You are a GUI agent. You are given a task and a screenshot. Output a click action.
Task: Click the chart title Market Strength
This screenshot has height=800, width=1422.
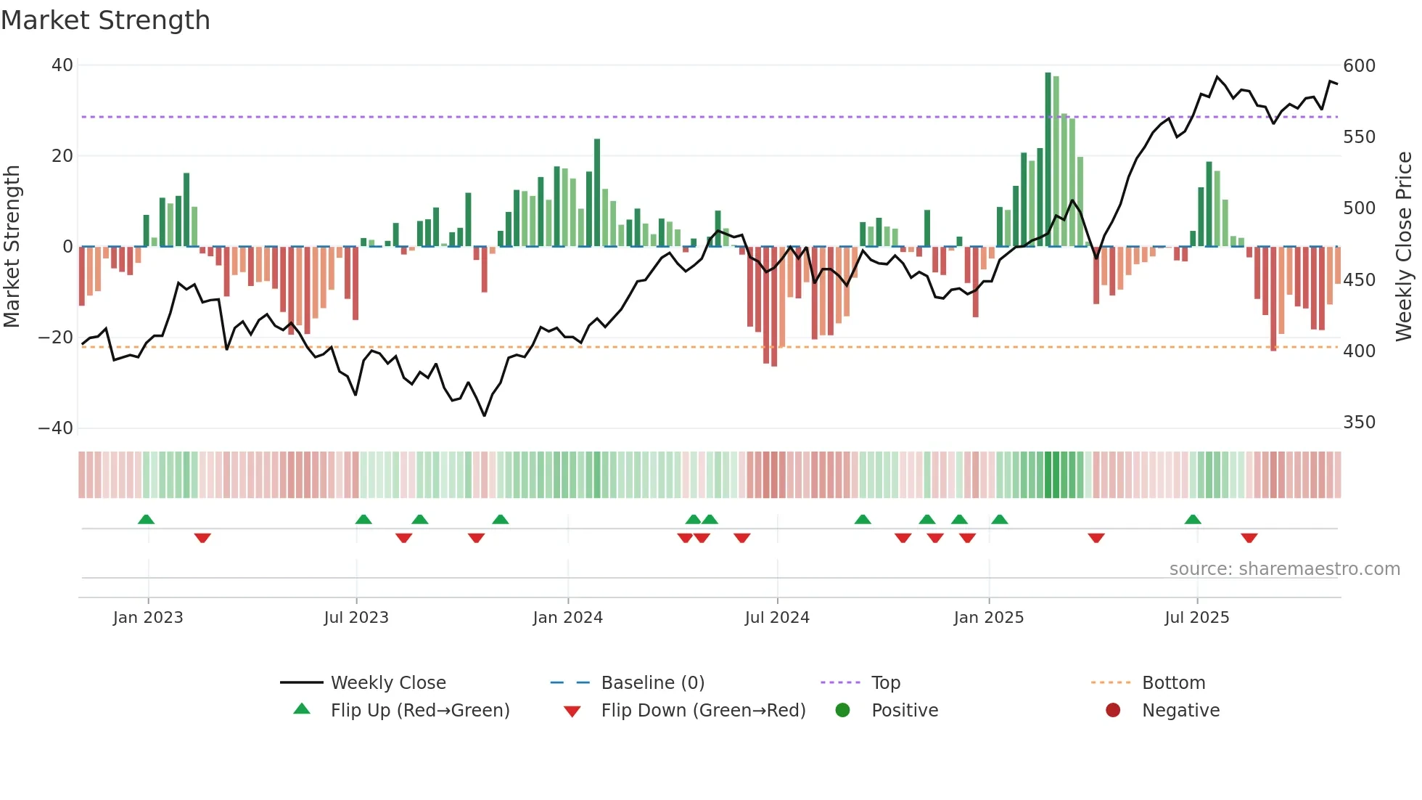(105, 20)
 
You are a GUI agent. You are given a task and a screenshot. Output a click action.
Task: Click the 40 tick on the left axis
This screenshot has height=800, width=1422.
(62, 65)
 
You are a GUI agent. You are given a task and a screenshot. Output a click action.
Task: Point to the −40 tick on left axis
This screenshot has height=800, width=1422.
(56, 428)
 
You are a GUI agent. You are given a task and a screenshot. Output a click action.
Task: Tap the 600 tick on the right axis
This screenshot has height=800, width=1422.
(1359, 66)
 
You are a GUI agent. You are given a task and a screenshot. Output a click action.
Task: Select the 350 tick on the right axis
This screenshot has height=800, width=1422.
(1359, 423)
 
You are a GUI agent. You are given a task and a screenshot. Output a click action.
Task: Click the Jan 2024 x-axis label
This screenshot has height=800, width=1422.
(567, 618)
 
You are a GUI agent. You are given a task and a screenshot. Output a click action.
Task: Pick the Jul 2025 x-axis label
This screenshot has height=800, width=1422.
(1196, 618)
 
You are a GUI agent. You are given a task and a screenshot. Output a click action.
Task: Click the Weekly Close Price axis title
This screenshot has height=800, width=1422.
(1404, 247)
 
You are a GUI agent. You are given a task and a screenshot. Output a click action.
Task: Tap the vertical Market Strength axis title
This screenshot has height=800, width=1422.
(12, 247)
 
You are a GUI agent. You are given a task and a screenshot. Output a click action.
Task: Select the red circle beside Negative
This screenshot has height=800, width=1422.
(1112, 710)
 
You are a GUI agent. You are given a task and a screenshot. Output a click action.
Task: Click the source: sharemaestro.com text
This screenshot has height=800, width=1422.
(1284, 569)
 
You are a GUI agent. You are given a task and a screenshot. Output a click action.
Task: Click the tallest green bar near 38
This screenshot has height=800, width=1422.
(1048, 160)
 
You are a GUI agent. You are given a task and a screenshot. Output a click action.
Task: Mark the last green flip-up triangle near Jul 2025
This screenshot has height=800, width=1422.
(1193, 520)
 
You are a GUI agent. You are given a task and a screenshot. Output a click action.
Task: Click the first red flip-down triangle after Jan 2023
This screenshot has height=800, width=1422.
(202, 538)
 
